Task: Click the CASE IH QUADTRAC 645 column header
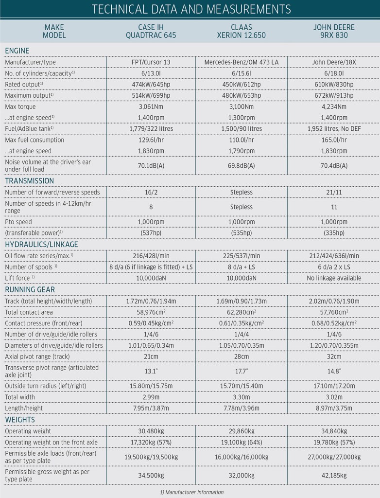[151, 31]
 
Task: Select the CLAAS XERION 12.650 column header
[242, 31]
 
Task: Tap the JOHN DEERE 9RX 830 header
[334, 31]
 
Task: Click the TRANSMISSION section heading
[29, 181]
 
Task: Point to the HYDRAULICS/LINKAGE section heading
[41, 244]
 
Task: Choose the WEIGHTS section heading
[20, 420]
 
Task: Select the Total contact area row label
[29, 312]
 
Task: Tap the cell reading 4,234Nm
[334, 107]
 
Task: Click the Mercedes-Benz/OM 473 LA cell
[242, 62]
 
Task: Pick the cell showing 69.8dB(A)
[242, 166]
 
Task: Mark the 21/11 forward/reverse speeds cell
[334, 192]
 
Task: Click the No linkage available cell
[334, 278]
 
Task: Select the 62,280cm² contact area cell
[242, 312]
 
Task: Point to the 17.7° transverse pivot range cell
[242, 371]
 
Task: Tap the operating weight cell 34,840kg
[334, 431]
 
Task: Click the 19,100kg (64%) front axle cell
[242, 442]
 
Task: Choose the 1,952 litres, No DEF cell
[334, 129]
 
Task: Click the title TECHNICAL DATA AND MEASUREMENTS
[190, 9]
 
